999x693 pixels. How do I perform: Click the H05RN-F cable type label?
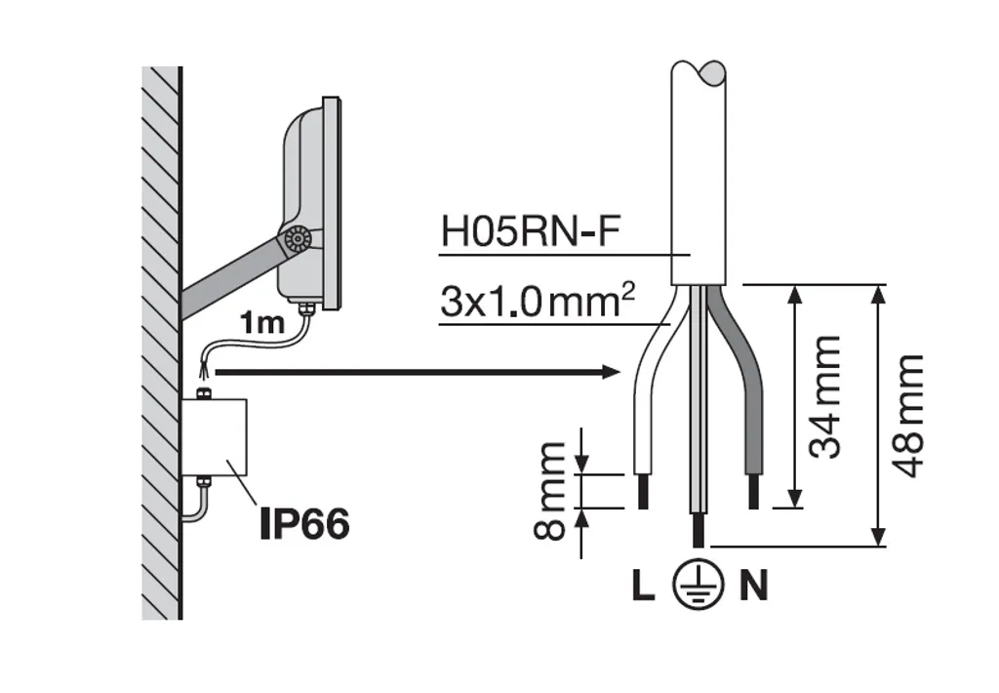[x=530, y=231]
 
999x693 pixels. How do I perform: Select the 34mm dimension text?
[x=825, y=397]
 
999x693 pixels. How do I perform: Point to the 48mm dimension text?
[x=908, y=417]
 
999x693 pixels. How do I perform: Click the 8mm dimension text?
[x=549, y=491]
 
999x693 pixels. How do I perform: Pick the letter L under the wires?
[x=644, y=586]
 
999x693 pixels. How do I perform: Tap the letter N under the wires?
[x=754, y=586]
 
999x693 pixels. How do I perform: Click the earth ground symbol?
[x=699, y=585]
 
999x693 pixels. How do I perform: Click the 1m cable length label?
[x=261, y=324]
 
